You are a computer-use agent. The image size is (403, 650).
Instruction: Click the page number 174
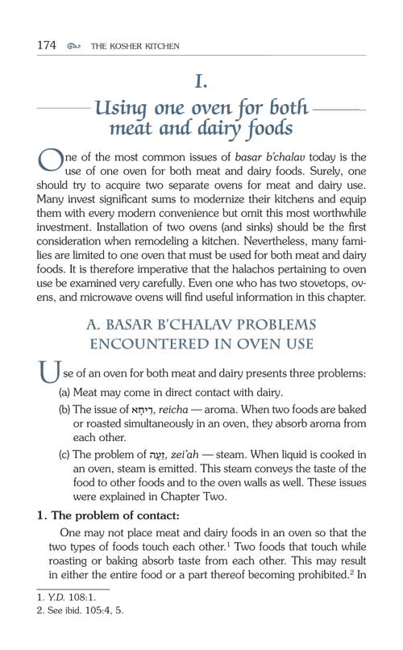(40, 46)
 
